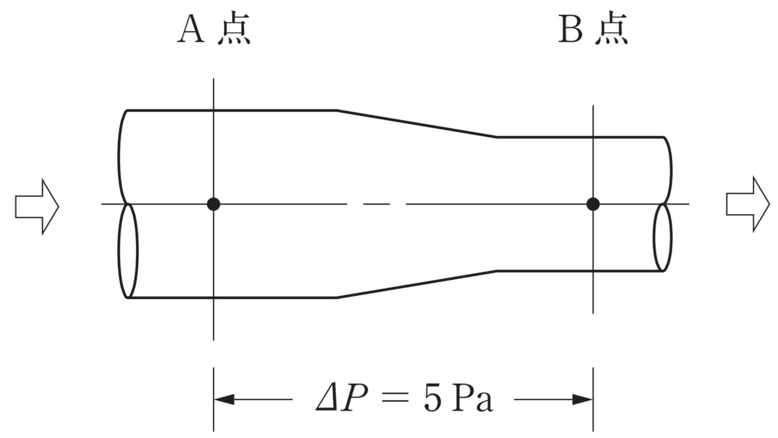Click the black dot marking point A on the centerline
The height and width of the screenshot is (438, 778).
(x=214, y=204)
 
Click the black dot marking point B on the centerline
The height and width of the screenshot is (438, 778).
(x=593, y=204)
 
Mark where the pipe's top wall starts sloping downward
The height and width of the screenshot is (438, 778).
(x=336, y=110)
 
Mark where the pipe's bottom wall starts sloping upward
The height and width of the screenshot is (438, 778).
(x=336, y=298)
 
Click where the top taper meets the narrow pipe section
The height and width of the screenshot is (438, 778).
(x=497, y=137)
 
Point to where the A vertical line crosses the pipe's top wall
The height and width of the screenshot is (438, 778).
(x=214, y=110)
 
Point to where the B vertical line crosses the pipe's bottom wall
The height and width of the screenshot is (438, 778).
(x=593, y=271)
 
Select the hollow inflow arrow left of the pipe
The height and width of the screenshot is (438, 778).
(x=37, y=206)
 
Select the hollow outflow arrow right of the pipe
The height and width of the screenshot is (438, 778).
(x=748, y=204)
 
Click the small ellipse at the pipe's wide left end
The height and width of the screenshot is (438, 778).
(x=128, y=251)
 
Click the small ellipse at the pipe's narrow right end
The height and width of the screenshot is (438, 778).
(x=663, y=237)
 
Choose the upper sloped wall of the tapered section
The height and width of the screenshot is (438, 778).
(x=417, y=124)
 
